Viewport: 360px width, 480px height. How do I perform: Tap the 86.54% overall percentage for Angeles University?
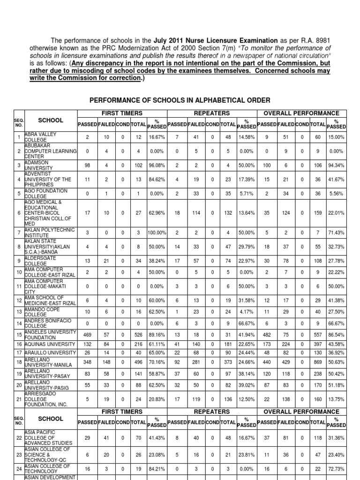(x=336, y=335)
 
